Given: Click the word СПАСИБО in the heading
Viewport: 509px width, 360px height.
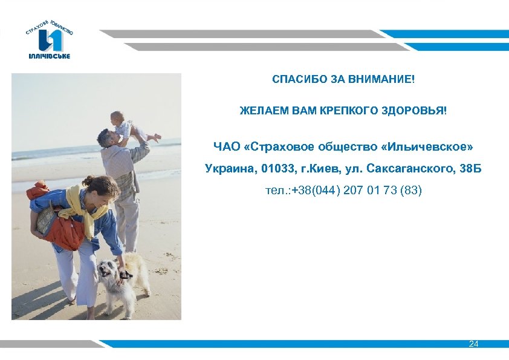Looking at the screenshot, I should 295,80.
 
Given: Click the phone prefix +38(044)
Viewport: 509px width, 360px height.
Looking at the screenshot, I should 316,191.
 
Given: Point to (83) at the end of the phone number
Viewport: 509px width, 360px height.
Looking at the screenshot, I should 410,191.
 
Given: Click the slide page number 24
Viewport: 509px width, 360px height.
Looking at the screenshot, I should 473,344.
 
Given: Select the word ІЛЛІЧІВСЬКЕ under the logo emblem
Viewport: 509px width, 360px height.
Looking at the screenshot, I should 50,56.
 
